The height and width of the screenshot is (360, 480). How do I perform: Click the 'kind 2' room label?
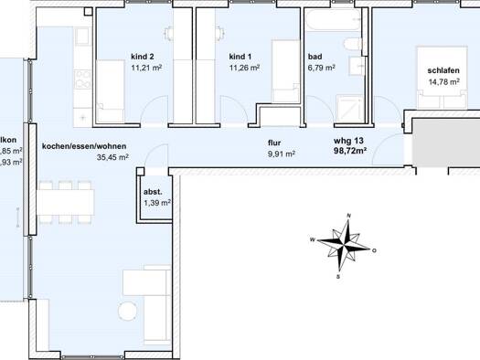point(143,57)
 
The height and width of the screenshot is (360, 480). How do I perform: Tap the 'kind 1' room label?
point(240,57)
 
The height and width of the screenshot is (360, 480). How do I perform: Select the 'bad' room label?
point(315,57)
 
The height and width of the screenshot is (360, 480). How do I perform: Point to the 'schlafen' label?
point(443,70)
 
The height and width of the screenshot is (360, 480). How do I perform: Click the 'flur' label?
point(274,143)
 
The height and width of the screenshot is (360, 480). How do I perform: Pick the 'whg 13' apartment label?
point(348,141)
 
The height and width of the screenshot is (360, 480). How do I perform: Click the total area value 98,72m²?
point(350,151)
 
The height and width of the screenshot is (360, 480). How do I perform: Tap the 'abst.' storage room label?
point(153,192)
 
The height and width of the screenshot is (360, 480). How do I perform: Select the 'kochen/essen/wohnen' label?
point(84,146)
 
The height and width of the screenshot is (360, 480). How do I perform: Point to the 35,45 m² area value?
point(112,157)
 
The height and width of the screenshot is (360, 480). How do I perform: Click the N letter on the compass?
point(348,216)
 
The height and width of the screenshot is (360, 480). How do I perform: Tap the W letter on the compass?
point(313,239)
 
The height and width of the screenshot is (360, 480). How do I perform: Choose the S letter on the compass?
point(338,277)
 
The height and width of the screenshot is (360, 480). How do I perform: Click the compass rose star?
point(345,245)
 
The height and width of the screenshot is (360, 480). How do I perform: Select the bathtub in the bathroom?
point(334,20)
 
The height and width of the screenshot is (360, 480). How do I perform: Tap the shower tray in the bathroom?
point(350,109)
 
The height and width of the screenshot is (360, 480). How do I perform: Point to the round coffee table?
point(127,311)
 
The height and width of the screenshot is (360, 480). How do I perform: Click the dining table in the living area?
point(65,202)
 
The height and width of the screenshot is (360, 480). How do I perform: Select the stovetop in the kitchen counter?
point(83,79)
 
